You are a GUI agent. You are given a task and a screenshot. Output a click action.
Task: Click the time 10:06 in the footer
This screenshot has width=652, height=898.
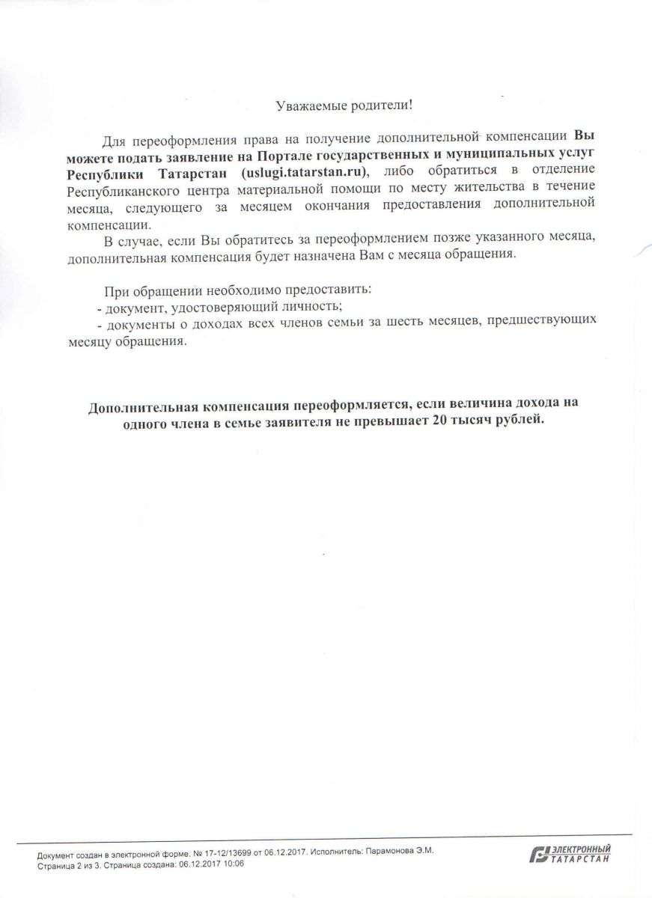tap(234, 863)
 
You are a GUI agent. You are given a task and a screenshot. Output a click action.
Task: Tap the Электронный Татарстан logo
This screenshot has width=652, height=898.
tap(569, 854)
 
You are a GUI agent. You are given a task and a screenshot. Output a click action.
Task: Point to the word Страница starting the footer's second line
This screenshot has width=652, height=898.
tap(51, 863)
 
